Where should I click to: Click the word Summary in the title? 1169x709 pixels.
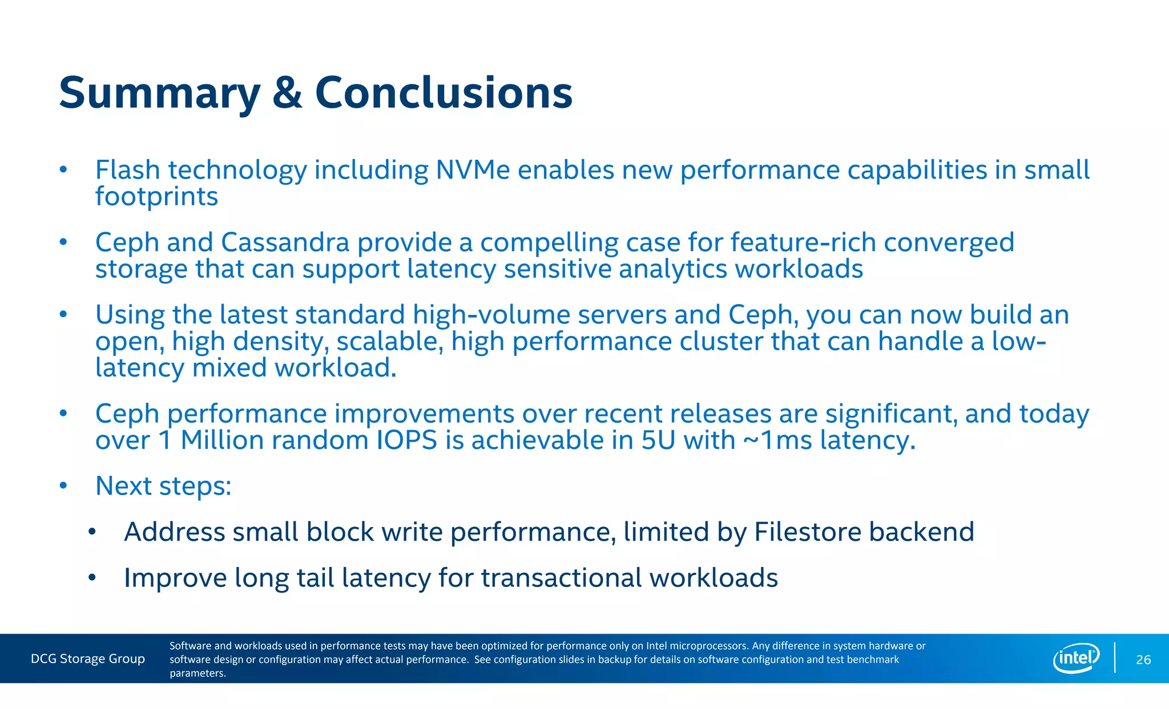click(159, 93)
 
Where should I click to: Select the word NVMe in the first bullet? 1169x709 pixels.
click(473, 170)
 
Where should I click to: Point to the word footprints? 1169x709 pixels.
click(156, 197)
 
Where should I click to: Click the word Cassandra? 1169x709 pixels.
click(285, 242)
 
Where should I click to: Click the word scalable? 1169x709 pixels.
click(389, 342)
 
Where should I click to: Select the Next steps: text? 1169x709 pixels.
click(163, 486)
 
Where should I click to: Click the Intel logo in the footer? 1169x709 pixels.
click(1076, 658)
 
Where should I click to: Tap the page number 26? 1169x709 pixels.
click(1143, 660)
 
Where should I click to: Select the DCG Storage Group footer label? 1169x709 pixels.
click(88, 659)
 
